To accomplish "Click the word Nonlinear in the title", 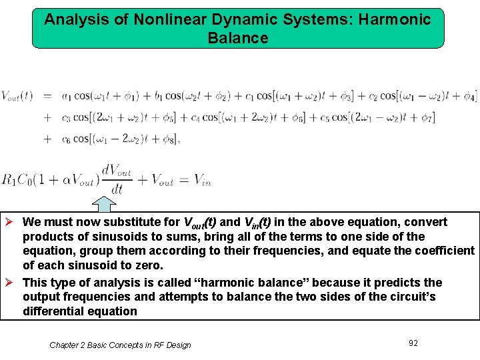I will (x=164, y=19).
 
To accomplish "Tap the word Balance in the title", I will (x=238, y=38).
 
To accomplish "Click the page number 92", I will (x=413, y=343).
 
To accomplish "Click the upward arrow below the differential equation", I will (x=103, y=204).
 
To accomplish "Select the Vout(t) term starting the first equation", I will (x=17, y=96).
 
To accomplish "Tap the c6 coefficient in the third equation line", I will (x=66, y=139).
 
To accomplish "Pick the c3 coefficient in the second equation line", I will (x=66, y=118).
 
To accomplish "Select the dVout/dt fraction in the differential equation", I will (x=117, y=178).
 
